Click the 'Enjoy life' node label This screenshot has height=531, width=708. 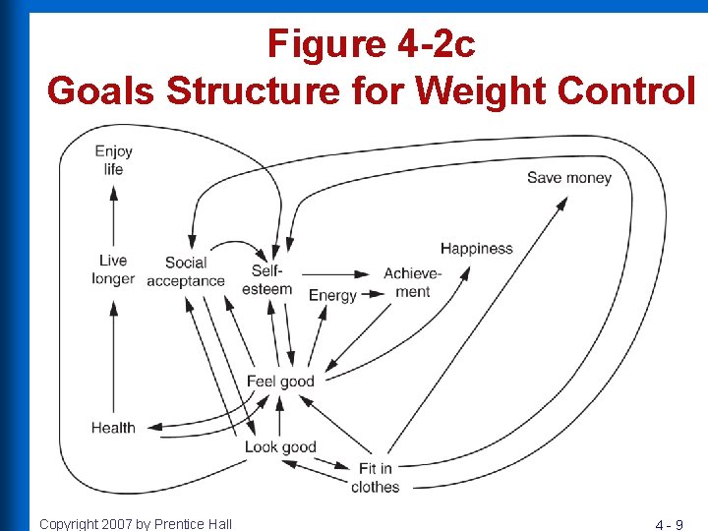pos(113,160)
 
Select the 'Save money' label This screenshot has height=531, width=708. pos(568,178)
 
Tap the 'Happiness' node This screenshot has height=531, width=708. pos(476,249)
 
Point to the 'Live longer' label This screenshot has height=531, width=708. pos(113,269)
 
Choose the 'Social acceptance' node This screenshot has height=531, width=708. pos(185,271)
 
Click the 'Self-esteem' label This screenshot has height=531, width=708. pos(266,279)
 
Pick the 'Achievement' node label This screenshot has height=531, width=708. pos(413,282)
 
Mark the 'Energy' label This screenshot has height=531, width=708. pos(332,295)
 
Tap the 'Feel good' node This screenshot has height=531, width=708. pos(280,382)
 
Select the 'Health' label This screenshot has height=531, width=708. pos(113,428)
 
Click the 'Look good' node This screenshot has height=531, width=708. pos(280,447)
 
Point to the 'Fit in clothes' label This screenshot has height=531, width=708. pos(375,478)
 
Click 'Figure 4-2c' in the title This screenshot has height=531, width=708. pos(371,44)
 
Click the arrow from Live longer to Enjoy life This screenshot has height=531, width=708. pos(113,216)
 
